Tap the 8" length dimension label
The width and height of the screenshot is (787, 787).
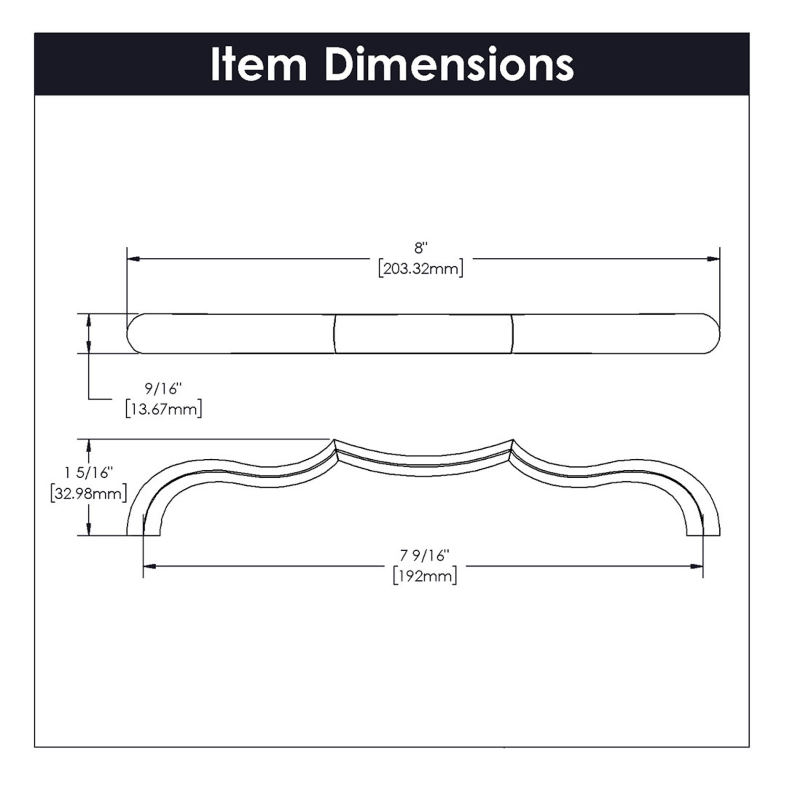[421, 248]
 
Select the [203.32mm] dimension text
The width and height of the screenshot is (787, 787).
[421, 269]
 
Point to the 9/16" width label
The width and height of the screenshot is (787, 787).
[163, 389]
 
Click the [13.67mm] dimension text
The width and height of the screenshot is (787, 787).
[163, 409]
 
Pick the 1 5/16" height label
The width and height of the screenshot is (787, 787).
[89, 473]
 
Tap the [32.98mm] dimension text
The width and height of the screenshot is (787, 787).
[89, 494]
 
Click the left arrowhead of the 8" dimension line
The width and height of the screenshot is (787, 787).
[133, 259]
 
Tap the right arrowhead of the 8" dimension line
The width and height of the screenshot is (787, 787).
[713, 259]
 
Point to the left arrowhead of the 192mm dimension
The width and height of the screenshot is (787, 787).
[150, 566]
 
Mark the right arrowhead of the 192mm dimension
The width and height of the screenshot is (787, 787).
[697, 566]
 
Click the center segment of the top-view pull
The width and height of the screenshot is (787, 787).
[424, 333]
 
